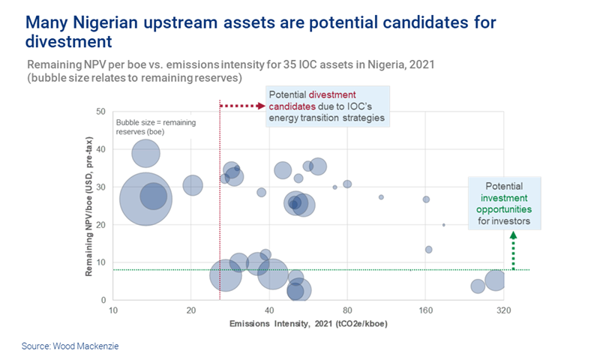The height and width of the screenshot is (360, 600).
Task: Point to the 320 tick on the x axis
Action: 503,310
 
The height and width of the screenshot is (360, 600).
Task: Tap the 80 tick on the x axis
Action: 347,310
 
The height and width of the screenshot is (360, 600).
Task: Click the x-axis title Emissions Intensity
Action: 307,324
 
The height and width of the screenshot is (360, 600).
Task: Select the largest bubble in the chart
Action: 146,199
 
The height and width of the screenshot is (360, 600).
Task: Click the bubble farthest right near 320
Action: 495,280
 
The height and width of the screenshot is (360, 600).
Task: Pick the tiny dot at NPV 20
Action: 443,224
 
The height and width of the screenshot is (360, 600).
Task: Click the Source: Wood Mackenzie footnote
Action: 70,346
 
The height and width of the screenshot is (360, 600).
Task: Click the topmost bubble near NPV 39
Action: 145,154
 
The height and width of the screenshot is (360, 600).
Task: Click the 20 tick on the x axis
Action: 191,310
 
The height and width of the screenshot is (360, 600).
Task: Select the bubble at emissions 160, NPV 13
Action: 428,250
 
